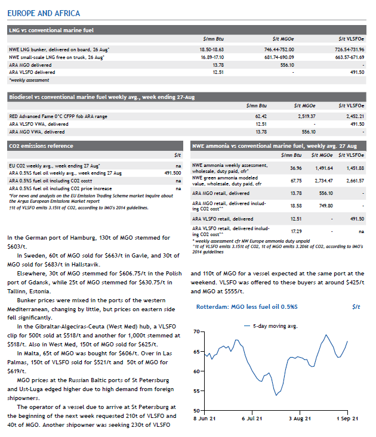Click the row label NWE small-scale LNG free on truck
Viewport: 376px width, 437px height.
pyautogui.click(x=56, y=57)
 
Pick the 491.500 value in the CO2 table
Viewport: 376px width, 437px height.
pyautogui.click(x=172, y=172)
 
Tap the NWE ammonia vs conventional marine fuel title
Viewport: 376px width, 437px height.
pyautogui.click(x=274, y=145)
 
